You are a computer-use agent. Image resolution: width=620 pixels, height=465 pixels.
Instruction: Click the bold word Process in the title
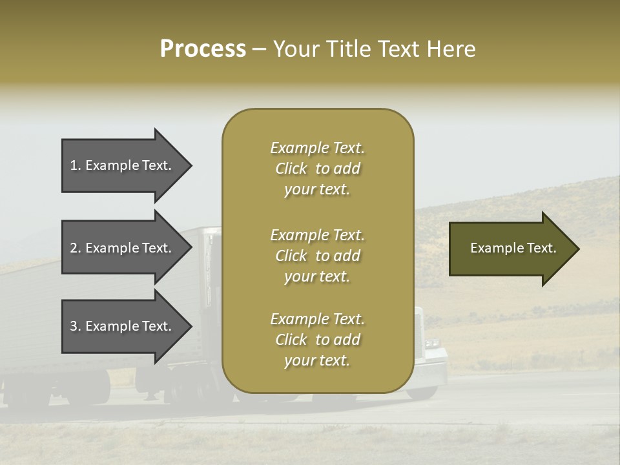[203, 49]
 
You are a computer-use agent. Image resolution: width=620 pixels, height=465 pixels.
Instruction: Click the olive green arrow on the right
[510, 249]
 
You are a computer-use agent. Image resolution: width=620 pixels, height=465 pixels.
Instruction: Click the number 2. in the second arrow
[76, 248]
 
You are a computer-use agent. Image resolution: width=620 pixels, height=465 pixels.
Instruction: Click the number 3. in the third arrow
[76, 326]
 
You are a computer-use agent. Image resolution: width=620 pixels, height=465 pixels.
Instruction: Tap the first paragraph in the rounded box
[317, 169]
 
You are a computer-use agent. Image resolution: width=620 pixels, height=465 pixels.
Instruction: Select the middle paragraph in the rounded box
[317, 256]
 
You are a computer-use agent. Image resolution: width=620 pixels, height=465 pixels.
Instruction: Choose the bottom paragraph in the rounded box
[317, 340]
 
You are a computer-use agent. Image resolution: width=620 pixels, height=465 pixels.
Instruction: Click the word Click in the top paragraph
[291, 169]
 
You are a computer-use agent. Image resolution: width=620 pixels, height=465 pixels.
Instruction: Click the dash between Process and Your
[259, 50]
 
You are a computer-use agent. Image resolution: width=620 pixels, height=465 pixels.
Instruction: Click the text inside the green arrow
[513, 248]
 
